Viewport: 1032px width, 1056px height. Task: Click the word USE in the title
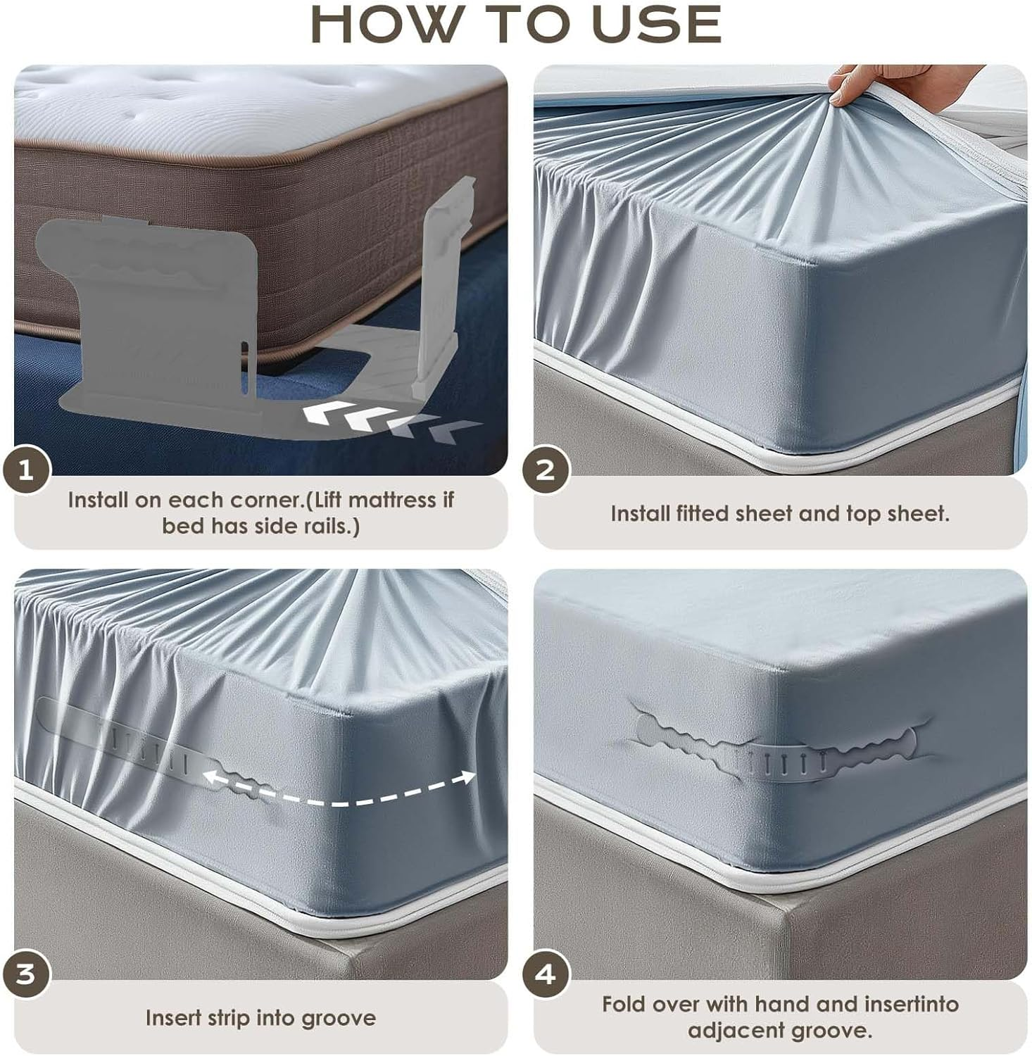[657, 25]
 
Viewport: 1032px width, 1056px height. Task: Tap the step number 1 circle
[26, 470]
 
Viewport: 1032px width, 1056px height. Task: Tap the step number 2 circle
[546, 470]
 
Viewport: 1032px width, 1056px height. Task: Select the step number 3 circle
[26, 974]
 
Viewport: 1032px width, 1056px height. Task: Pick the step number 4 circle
[546, 974]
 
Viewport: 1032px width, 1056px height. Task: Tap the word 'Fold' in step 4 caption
[627, 1004]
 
